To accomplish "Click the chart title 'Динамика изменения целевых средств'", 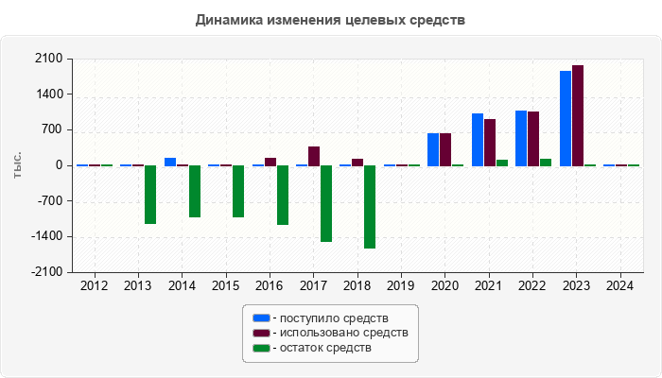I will coord(330,20).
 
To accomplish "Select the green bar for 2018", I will coord(370,207).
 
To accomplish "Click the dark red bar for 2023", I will coord(578,115).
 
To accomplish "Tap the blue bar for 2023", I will coord(566,118).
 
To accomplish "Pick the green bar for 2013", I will coord(150,195).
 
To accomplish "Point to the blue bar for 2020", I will coord(433,149).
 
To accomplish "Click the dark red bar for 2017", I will coord(314,156).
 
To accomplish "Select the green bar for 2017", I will coord(326,203).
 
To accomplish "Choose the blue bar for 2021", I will coord(478,140).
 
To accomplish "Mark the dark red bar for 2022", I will coord(533,138).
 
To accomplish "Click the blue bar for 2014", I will coord(170,162).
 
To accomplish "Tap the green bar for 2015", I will coord(238,191).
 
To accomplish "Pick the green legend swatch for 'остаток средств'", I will coord(261,348).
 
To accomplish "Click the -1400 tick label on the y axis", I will coord(46,237).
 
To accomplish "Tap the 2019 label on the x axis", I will coord(400,285).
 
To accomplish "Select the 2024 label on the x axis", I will coord(619,285).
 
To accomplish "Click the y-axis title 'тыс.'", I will coord(18,165).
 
